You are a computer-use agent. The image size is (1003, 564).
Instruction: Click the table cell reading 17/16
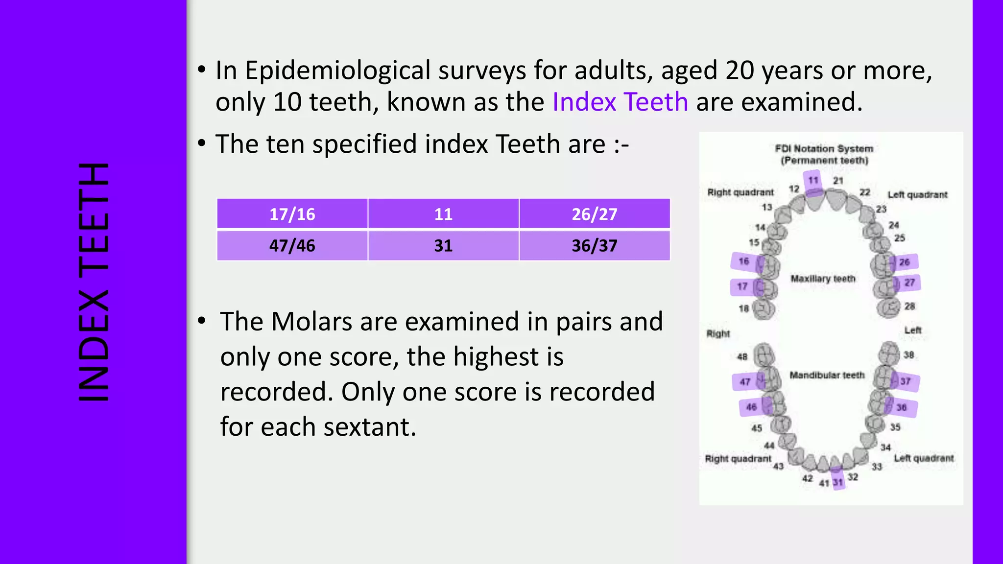(x=292, y=214)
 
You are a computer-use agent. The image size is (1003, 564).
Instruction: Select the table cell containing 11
(x=443, y=214)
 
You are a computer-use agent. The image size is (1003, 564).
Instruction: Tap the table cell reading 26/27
(x=594, y=214)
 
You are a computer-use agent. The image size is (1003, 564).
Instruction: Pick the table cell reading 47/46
(x=292, y=245)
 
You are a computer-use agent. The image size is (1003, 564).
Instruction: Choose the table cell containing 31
(x=443, y=245)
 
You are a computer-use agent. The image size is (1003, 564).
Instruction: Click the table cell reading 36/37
(x=594, y=245)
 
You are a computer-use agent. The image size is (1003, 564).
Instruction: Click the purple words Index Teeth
(x=620, y=102)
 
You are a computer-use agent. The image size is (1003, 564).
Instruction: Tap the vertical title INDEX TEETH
(x=93, y=282)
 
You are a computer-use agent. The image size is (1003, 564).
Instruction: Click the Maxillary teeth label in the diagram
(x=823, y=279)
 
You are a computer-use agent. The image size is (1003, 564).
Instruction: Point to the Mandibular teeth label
(x=827, y=375)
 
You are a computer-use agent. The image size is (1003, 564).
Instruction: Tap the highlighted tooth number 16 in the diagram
(x=744, y=261)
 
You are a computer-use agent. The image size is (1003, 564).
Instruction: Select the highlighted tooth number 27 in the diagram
(x=909, y=282)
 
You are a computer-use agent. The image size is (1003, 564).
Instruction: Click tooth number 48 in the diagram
(x=742, y=356)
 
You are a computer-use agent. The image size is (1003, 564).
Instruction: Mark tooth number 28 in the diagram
(x=909, y=306)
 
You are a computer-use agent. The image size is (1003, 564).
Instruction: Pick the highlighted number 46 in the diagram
(x=751, y=407)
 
